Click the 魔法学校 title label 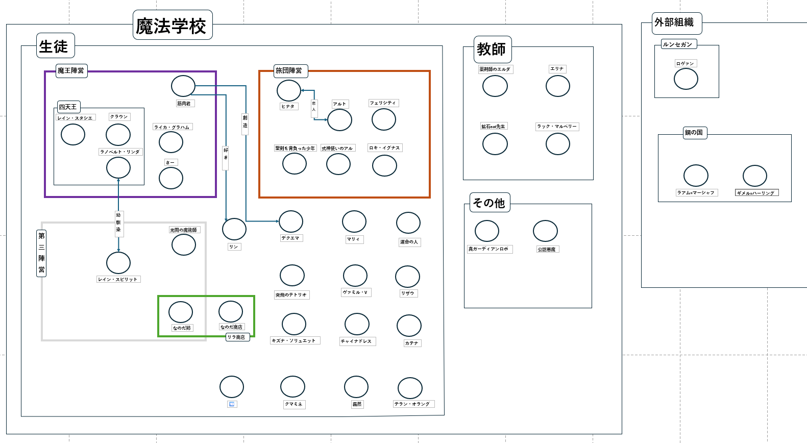pos(172,26)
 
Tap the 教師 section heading pos(492,50)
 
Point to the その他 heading pos(490,203)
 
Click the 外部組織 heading pos(676,23)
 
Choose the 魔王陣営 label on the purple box pos(71,70)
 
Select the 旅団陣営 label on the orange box pos(289,70)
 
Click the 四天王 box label pos(68,107)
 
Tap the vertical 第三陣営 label pos(41,253)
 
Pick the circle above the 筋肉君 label pos(183,86)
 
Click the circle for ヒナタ pos(289,90)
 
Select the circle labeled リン pos(234,229)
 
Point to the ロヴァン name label pos(686,63)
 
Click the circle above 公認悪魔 pos(545,231)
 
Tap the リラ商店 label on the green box pos(237,337)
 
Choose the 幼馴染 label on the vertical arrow pos(118,223)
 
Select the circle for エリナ pos(558,86)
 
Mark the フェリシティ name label pos(383,103)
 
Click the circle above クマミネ pos(292,387)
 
